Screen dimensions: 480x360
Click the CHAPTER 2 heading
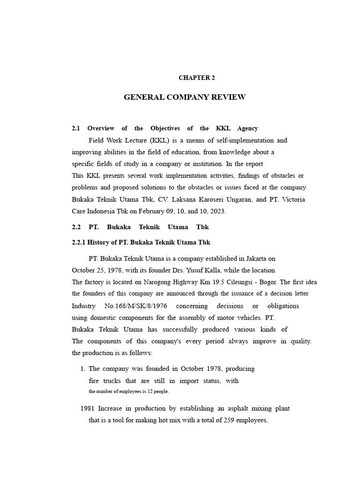click(196, 78)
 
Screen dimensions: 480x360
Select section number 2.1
click(76, 128)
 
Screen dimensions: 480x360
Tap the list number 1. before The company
click(83, 368)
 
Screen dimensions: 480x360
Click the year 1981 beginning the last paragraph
click(88, 408)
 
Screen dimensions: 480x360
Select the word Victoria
click(293, 199)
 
